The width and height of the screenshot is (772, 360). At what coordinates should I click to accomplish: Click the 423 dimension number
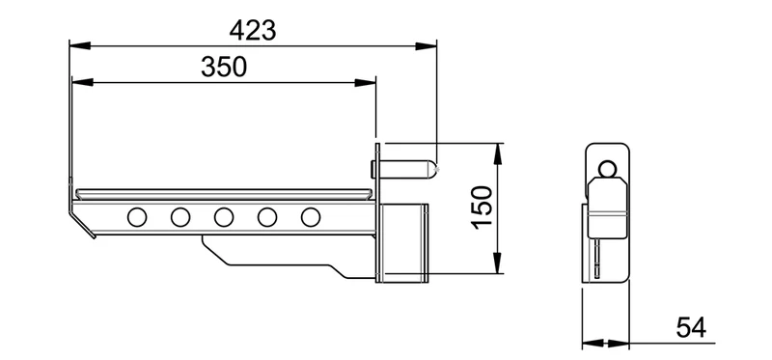click(253, 31)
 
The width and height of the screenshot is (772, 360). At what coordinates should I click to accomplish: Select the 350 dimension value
click(224, 67)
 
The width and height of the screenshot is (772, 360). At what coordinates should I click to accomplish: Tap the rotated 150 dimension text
click(482, 208)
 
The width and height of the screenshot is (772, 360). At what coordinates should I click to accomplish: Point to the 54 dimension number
click(691, 327)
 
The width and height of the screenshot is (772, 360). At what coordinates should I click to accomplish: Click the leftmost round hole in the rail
click(137, 217)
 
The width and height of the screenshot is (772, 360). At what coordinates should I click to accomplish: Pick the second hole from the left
click(180, 217)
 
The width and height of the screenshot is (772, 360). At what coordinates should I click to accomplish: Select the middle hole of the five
click(224, 217)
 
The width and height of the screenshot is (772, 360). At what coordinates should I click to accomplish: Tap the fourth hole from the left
click(267, 217)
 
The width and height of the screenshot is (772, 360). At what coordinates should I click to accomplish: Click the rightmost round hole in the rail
click(310, 217)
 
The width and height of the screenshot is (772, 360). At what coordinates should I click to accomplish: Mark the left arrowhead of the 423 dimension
click(80, 45)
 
